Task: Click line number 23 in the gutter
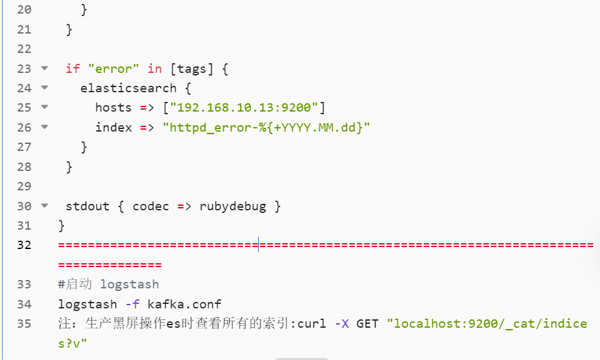click(24, 68)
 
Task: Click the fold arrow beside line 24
click(44, 88)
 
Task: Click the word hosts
click(114, 107)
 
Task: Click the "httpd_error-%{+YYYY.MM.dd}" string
click(266, 127)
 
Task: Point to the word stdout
click(88, 206)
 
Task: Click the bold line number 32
click(24, 245)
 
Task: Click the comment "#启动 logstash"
click(108, 284)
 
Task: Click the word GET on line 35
click(367, 323)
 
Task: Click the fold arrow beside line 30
click(44, 206)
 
